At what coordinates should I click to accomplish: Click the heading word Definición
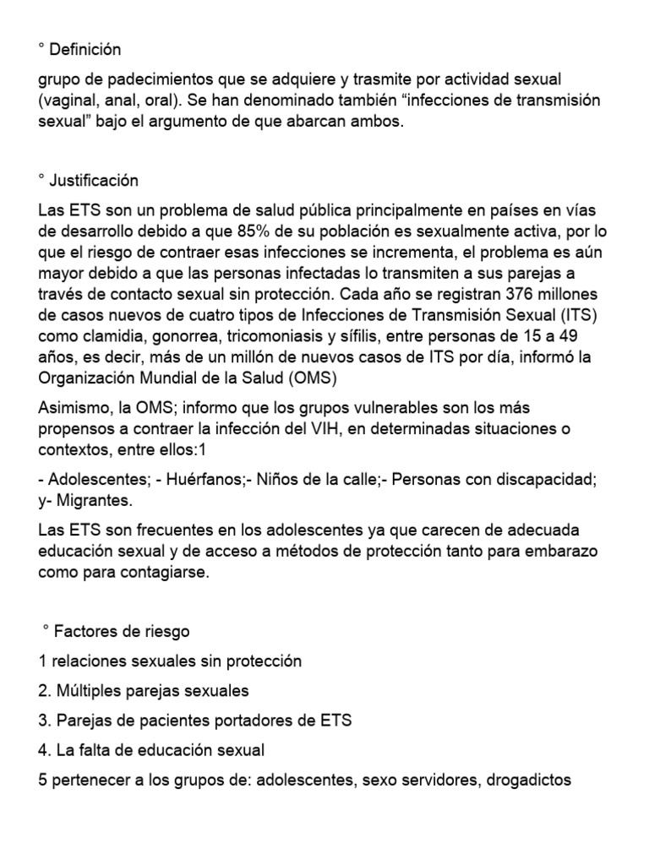pos(85,50)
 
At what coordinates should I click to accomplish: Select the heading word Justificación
pos(94,181)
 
